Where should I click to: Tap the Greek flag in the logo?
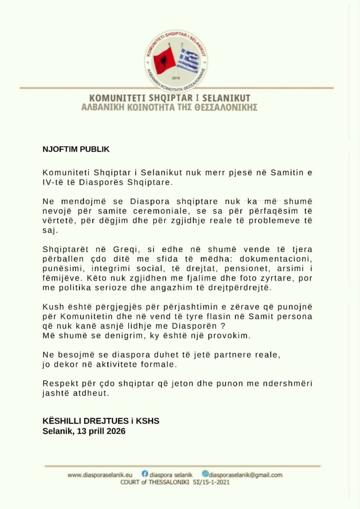(x=189, y=60)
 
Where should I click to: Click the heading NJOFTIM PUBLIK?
(x=76, y=149)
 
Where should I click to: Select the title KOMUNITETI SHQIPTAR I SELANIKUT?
(x=169, y=98)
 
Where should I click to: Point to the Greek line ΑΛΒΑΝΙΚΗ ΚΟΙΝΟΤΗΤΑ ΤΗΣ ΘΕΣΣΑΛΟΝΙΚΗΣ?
(x=169, y=108)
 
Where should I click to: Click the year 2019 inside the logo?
(x=176, y=78)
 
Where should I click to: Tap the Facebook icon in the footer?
(x=145, y=474)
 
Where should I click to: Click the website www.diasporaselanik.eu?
(x=100, y=475)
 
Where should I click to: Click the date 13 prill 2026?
(x=101, y=431)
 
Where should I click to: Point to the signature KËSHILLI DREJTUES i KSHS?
(x=101, y=421)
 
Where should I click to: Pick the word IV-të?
(x=53, y=183)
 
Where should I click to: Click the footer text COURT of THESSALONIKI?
(x=154, y=482)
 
